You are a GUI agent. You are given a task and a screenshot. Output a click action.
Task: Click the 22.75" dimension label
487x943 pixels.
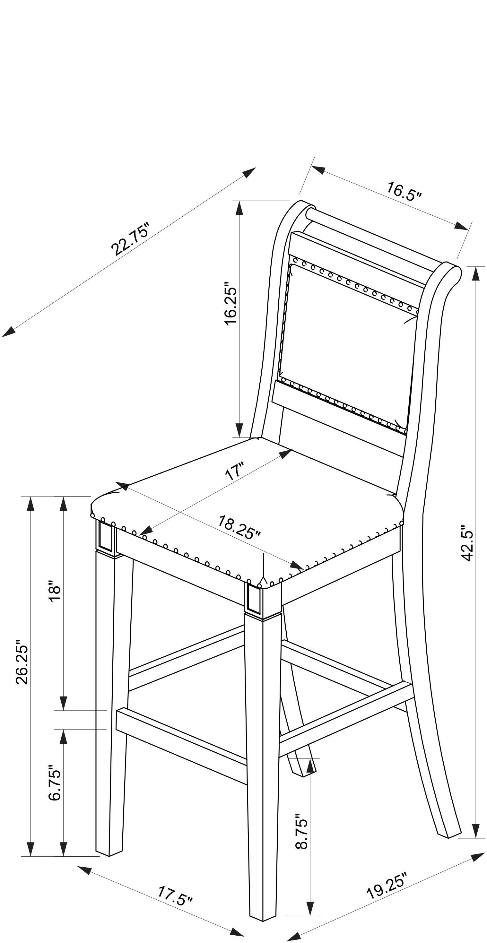130,238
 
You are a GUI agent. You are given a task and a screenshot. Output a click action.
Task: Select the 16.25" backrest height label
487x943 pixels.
231,303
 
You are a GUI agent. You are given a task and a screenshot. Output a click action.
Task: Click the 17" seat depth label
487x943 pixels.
234,471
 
